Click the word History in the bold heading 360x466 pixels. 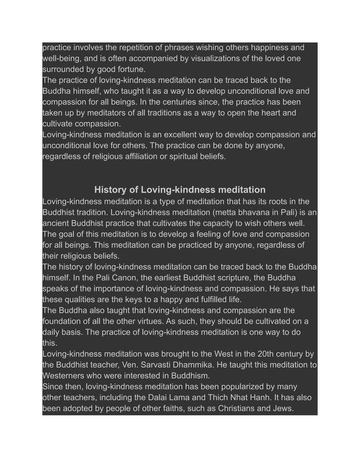112,190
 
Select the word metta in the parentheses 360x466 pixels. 235,212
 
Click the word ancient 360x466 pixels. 58,223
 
